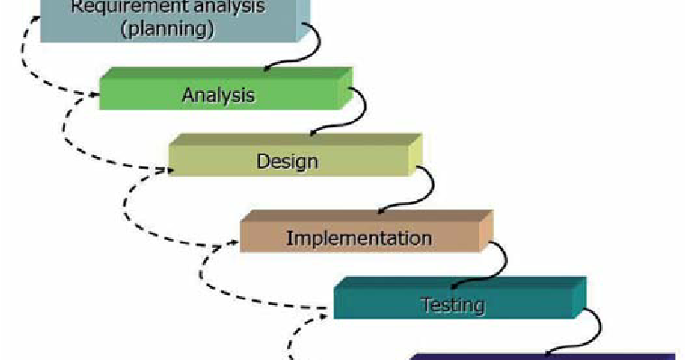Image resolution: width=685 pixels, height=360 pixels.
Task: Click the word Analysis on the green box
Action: click(218, 94)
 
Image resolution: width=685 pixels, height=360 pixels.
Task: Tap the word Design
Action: click(287, 162)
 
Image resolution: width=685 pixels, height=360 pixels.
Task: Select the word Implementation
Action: click(358, 238)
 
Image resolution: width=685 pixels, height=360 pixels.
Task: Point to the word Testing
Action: click(453, 305)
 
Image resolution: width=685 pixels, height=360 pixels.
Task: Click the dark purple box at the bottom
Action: click(542, 356)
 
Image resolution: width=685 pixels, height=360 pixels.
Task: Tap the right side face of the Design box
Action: click(414, 158)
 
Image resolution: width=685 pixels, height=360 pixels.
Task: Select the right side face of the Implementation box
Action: click(486, 234)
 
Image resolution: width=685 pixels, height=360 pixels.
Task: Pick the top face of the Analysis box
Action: click(226, 72)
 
